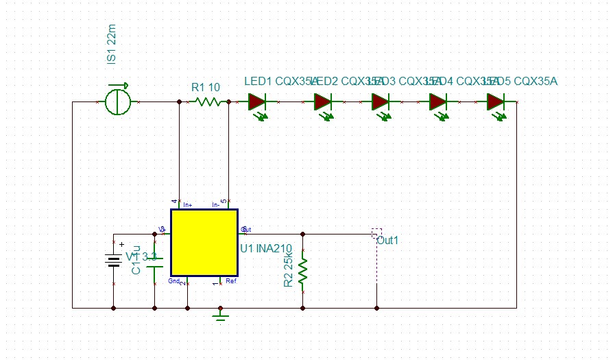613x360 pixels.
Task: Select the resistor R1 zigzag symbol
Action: [x=207, y=102]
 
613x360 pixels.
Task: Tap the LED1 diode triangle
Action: [x=256, y=102]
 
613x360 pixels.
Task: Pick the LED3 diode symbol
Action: [x=381, y=102]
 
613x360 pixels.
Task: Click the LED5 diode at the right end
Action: [x=496, y=102]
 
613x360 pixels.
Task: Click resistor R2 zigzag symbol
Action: [x=302, y=271]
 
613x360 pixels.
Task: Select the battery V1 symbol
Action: [x=113, y=259]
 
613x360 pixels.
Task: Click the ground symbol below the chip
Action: [x=220, y=316]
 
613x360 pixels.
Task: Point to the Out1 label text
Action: [x=387, y=240]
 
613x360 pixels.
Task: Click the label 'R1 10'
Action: [x=206, y=87]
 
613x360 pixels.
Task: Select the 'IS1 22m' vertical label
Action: [x=112, y=45]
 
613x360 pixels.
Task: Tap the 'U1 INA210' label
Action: [x=266, y=248]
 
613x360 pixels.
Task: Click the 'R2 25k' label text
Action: [x=289, y=270]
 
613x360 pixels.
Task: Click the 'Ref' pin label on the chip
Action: [x=231, y=281]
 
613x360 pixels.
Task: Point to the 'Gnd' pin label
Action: [x=173, y=281]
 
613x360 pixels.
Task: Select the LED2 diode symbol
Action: [x=324, y=102]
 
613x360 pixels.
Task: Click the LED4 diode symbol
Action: [x=439, y=102]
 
